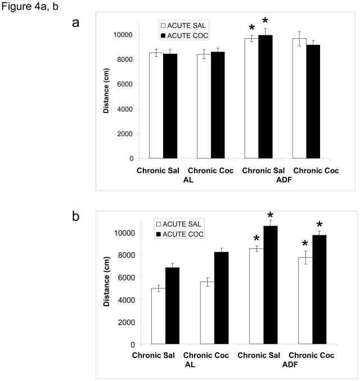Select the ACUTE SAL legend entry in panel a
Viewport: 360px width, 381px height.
(183, 25)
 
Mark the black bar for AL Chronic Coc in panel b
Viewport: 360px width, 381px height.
(222, 298)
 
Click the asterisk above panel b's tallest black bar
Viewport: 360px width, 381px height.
(271, 215)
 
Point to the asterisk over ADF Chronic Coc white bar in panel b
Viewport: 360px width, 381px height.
(305, 244)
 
